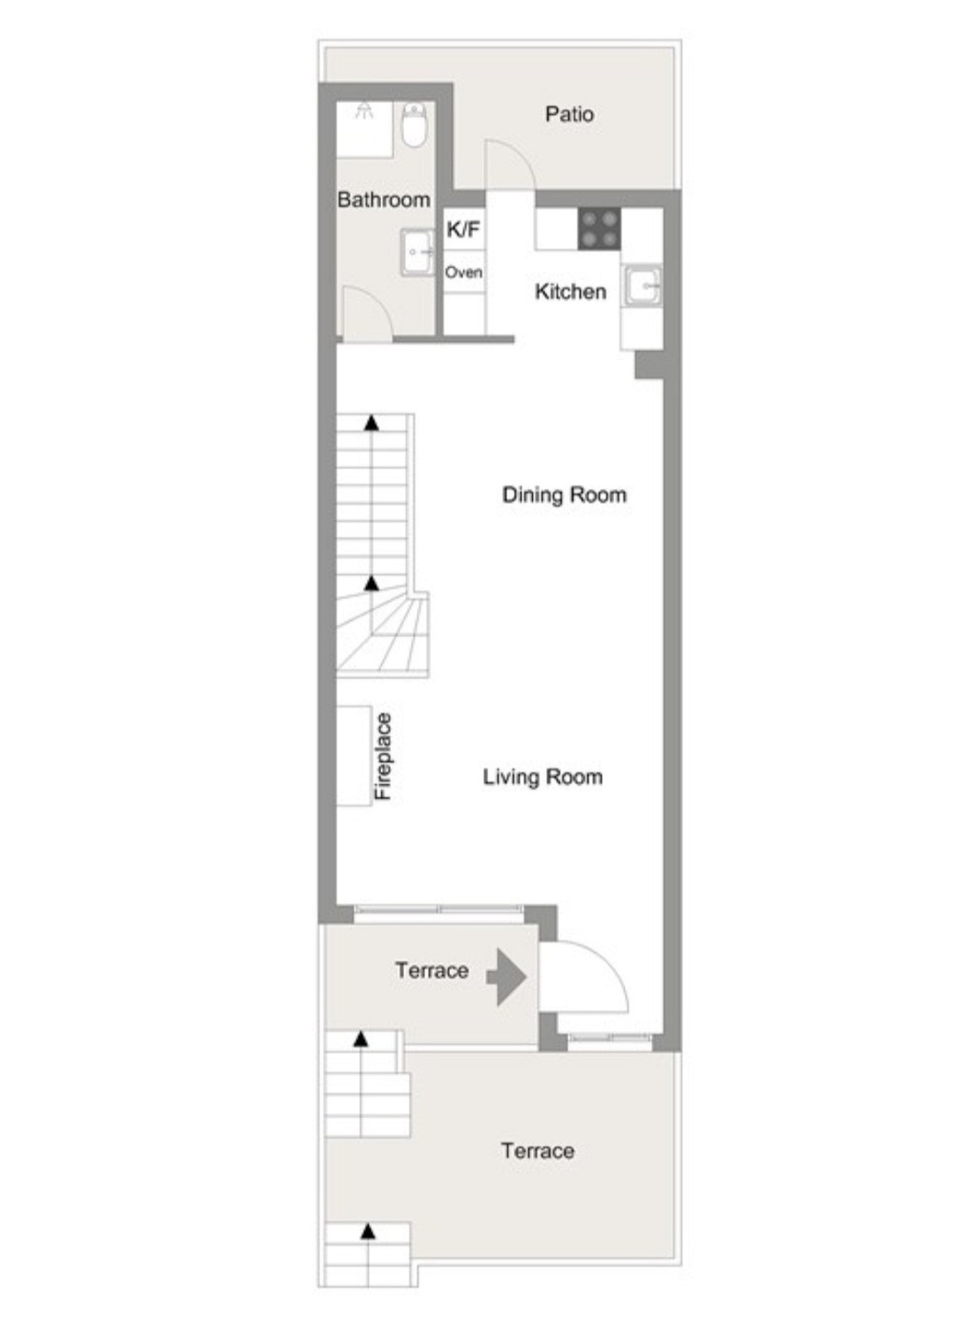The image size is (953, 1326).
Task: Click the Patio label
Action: pyautogui.click(x=568, y=114)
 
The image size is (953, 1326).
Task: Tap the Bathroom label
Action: pyautogui.click(x=383, y=200)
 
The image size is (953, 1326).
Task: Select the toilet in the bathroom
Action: pyautogui.click(x=414, y=123)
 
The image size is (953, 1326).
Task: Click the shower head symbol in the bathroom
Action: pyautogui.click(x=365, y=108)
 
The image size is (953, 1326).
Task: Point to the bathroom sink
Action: pyautogui.click(x=418, y=253)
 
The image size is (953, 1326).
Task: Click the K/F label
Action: pyautogui.click(x=463, y=229)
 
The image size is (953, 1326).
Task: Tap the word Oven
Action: pyautogui.click(x=463, y=273)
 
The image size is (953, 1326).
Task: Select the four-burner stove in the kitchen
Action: pyautogui.click(x=599, y=229)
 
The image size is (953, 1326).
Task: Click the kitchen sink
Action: pyautogui.click(x=641, y=287)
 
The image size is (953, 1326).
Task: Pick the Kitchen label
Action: pyautogui.click(x=570, y=292)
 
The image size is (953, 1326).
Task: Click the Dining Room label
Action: pyautogui.click(x=564, y=494)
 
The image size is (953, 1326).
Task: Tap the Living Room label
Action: pyautogui.click(x=543, y=777)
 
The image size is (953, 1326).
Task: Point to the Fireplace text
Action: pyautogui.click(x=384, y=756)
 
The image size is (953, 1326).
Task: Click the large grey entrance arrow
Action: pyautogui.click(x=506, y=977)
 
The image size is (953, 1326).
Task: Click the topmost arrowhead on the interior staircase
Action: pyautogui.click(x=371, y=422)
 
